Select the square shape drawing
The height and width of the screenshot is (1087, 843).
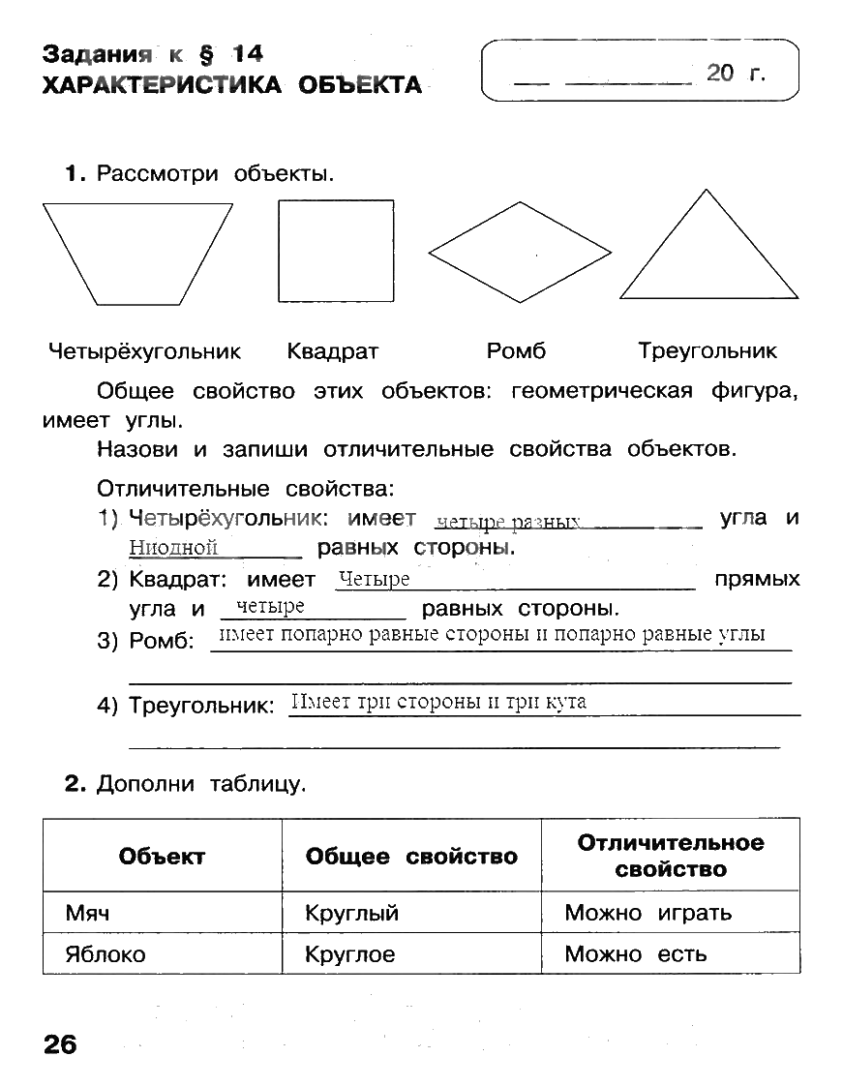pyautogui.click(x=336, y=251)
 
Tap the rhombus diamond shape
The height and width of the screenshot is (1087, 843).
pyautogui.click(x=520, y=253)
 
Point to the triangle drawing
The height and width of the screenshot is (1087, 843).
pyautogui.click(x=709, y=254)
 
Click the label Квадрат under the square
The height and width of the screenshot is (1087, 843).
pyautogui.click(x=333, y=351)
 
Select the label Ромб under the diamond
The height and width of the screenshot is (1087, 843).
pyautogui.click(x=516, y=351)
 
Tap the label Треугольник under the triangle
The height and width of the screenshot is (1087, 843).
pyautogui.click(x=708, y=351)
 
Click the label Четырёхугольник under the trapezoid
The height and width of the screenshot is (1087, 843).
pyautogui.click(x=144, y=351)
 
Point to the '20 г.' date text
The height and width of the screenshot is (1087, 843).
pyautogui.click(x=736, y=72)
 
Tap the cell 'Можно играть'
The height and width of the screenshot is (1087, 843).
pyautogui.click(x=647, y=913)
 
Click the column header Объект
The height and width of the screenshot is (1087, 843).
pyautogui.click(x=162, y=857)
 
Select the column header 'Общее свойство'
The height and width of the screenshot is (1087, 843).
pyautogui.click(x=411, y=857)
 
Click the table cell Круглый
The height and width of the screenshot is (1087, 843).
pyautogui.click(x=351, y=913)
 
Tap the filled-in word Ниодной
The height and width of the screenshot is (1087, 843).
pyautogui.click(x=173, y=549)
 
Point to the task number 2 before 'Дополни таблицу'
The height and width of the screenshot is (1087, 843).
pyautogui.click(x=72, y=784)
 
